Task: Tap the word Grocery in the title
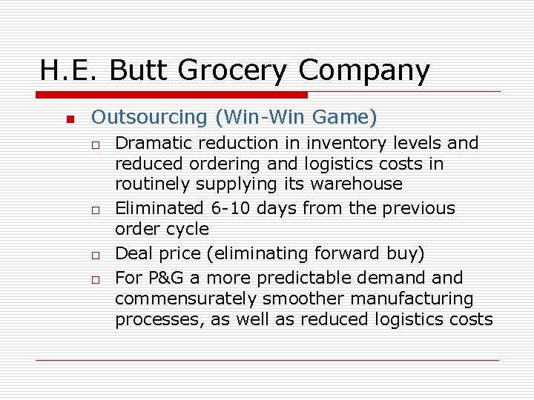pyautogui.click(x=233, y=71)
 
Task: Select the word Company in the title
pyautogui.click(x=364, y=71)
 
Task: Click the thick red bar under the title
pyautogui.click(x=173, y=95)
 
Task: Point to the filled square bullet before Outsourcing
pyautogui.click(x=69, y=120)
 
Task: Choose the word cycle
pyautogui.click(x=188, y=230)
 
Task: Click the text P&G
pyautogui.click(x=162, y=278)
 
